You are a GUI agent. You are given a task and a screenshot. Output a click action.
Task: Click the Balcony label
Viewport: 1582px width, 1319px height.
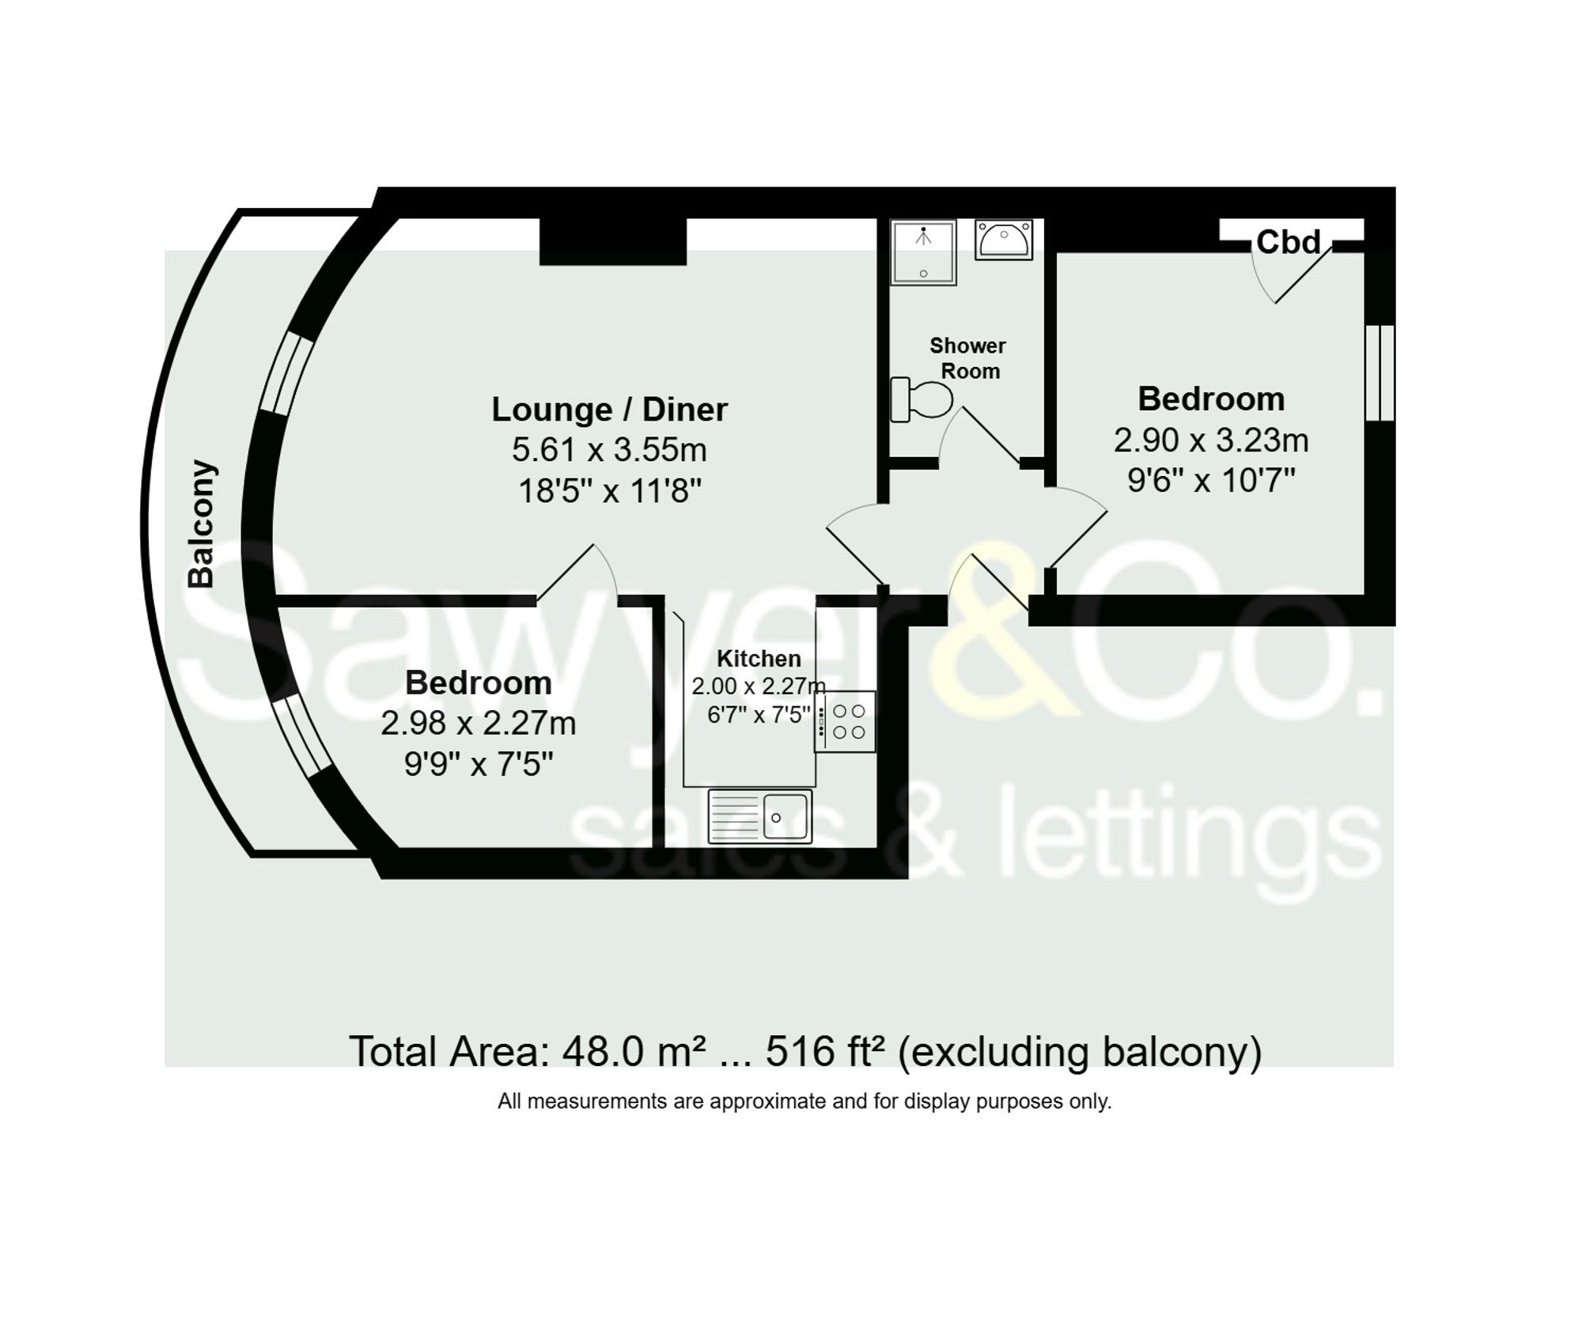[201, 523]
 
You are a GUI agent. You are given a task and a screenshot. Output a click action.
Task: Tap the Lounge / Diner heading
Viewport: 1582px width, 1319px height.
[609, 410]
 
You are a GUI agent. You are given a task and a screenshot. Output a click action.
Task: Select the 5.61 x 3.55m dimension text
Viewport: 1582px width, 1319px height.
[609, 450]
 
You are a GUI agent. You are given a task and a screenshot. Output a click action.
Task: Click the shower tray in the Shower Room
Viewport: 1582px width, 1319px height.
[923, 251]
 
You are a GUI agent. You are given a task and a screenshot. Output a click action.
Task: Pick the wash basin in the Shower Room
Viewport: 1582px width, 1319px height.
[1004, 238]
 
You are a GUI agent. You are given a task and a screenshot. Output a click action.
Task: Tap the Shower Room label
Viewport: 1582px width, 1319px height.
[968, 358]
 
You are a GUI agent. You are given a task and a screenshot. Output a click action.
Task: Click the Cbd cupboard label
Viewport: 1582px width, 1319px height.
[1288, 242]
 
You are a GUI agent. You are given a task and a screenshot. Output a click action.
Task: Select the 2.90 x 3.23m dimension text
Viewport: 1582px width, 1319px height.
[1211, 440]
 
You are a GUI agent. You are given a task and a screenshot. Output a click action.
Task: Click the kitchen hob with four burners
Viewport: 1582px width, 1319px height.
[846, 721]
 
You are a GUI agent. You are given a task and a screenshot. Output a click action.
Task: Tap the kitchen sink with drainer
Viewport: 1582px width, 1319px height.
[760, 815]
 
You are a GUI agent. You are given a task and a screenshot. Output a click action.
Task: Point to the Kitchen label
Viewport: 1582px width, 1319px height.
[759, 658]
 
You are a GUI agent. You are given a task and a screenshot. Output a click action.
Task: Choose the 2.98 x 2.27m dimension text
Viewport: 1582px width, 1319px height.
[478, 723]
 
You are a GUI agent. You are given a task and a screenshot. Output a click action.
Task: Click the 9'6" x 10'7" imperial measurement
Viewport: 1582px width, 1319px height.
[1211, 480]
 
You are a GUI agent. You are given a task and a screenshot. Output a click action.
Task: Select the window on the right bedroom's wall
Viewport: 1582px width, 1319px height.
[1380, 372]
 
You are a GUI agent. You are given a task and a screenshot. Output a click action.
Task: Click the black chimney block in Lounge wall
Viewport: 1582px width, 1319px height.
[613, 240]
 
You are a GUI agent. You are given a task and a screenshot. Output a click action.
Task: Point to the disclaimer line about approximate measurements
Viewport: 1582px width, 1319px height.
[804, 1101]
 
